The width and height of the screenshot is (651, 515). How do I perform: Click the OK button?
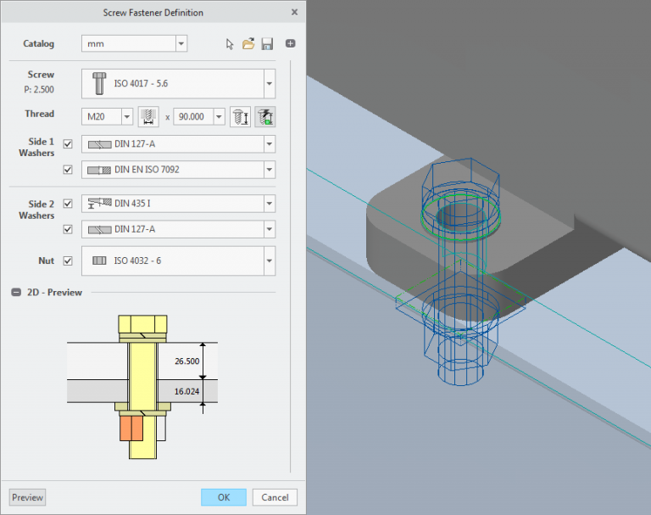point(224,497)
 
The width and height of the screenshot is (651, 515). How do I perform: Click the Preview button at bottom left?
point(27,497)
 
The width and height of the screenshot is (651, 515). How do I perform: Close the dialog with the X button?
point(293,13)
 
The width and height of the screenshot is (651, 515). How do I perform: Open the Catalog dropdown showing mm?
point(134,44)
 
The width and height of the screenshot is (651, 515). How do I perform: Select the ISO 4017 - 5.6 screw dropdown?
point(181,84)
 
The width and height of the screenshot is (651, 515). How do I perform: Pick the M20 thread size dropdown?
point(108,117)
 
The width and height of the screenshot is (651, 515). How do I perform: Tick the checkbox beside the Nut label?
point(68,260)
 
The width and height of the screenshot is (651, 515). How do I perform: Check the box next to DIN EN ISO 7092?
point(68,170)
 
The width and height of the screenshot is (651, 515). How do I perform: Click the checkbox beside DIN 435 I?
point(68,204)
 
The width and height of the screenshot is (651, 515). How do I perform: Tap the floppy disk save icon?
point(267,44)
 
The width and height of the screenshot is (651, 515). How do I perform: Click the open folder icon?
point(248,44)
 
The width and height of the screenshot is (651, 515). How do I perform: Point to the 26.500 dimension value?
point(187,361)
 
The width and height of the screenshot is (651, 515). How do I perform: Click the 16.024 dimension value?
point(187,392)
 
